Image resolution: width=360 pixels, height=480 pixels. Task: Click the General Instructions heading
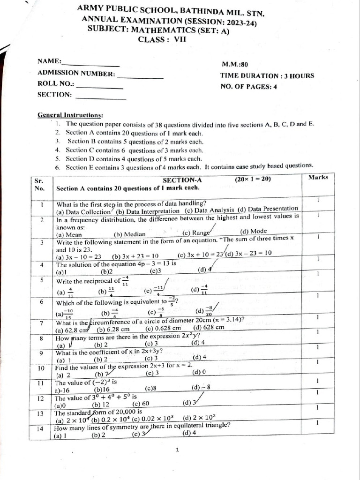point(70,115)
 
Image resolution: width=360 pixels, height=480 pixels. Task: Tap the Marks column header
point(318,177)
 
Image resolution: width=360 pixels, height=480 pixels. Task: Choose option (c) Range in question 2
point(196,232)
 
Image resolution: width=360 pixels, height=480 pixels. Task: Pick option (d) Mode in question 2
point(253,231)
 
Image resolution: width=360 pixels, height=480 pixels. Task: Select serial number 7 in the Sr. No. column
point(41,323)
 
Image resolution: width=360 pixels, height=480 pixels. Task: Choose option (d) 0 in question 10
point(199,372)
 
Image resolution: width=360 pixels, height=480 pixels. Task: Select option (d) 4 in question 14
point(189,433)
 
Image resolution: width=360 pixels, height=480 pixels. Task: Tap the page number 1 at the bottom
point(178,450)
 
